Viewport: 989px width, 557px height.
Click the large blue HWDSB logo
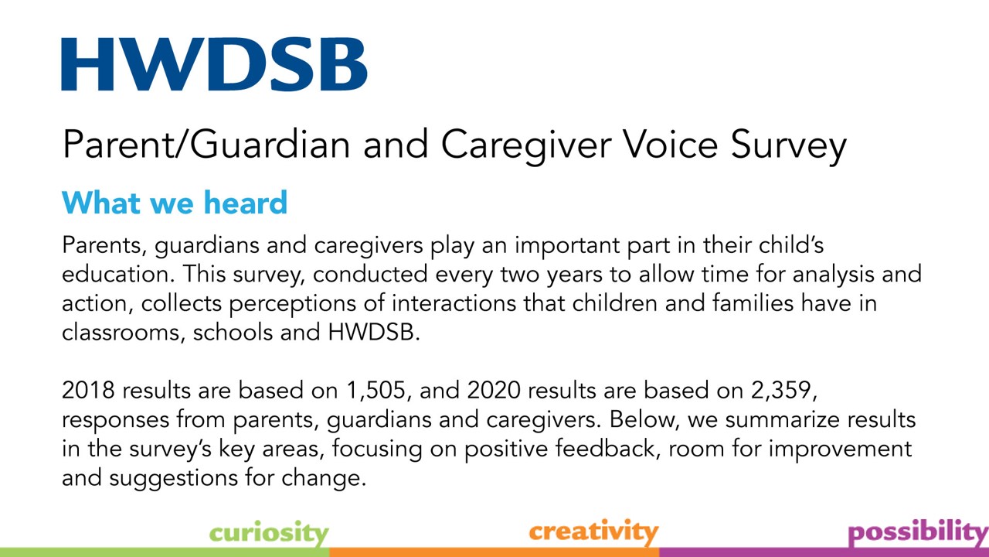[214, 64]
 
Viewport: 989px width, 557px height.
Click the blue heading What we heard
[175, 203]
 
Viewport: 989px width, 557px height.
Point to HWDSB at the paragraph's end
[373, 333]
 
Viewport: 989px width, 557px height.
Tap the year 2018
[88, 391]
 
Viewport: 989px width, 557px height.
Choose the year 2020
[494, 391]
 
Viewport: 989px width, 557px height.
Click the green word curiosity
[269, 533]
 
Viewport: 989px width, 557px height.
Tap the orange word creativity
[593, 531]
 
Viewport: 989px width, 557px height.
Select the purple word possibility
[919, 533]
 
